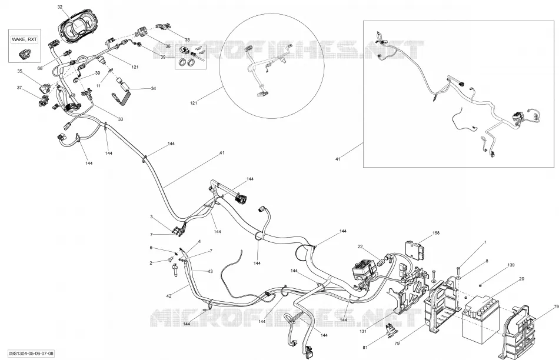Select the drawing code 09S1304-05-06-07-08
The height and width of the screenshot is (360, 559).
click(31, 354)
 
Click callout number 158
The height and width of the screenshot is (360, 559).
click(435, 233)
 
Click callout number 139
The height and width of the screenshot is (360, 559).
click(511, 265)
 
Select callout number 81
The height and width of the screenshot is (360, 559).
click(365, 347)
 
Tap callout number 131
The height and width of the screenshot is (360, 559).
click(363, 332)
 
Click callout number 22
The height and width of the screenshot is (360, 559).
click(360, 246)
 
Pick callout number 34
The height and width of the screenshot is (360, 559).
click(154, 88)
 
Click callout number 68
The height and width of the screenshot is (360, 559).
click(40, 68)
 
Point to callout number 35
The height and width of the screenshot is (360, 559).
click(19, 71)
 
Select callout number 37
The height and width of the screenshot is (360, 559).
click(19, 87)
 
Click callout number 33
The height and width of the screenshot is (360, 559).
click(121, 119)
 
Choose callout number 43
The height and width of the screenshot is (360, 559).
click(210, 272)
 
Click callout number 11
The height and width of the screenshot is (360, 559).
click(99, 85)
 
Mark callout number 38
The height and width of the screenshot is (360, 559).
click(187, 39)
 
